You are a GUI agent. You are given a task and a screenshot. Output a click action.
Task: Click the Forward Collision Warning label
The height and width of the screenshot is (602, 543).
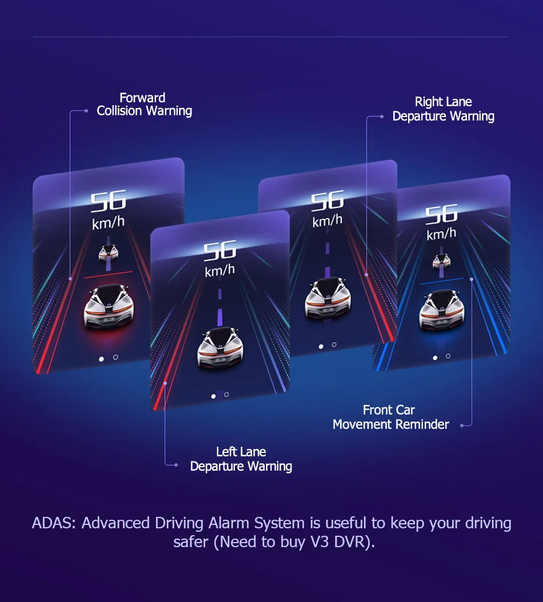(x=144, y=105)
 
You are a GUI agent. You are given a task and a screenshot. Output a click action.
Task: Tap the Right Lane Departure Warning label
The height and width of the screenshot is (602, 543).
(x=443, y=109)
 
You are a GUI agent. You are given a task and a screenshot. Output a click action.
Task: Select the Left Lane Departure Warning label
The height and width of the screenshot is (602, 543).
(x=241, y=459)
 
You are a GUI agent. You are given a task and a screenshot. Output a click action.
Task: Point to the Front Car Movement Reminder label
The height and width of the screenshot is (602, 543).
(x=390, y=417)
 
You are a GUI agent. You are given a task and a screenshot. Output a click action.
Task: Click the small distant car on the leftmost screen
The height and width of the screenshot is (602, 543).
(x=108, y=253)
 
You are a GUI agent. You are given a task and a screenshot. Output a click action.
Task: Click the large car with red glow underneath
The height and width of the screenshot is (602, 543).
(x=108, y=307)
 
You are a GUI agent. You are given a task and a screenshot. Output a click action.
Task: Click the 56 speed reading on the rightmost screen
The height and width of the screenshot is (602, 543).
(x=441, y=214)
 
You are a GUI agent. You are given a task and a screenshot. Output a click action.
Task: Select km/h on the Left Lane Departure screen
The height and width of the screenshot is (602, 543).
(x=219, y=270)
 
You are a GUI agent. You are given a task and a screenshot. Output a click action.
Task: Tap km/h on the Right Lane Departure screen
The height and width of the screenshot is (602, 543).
(x=328, y=220)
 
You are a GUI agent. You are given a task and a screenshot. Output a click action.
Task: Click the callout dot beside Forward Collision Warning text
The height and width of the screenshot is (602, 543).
(x=86, y=111)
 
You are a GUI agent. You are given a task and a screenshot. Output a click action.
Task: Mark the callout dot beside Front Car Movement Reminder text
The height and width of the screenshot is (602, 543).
(x=462, y=425)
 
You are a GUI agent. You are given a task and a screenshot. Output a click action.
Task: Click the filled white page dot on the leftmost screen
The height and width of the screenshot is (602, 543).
(x=102, y=359)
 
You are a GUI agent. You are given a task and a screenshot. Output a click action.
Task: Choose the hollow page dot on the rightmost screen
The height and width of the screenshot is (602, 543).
(x=448, y=356)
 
